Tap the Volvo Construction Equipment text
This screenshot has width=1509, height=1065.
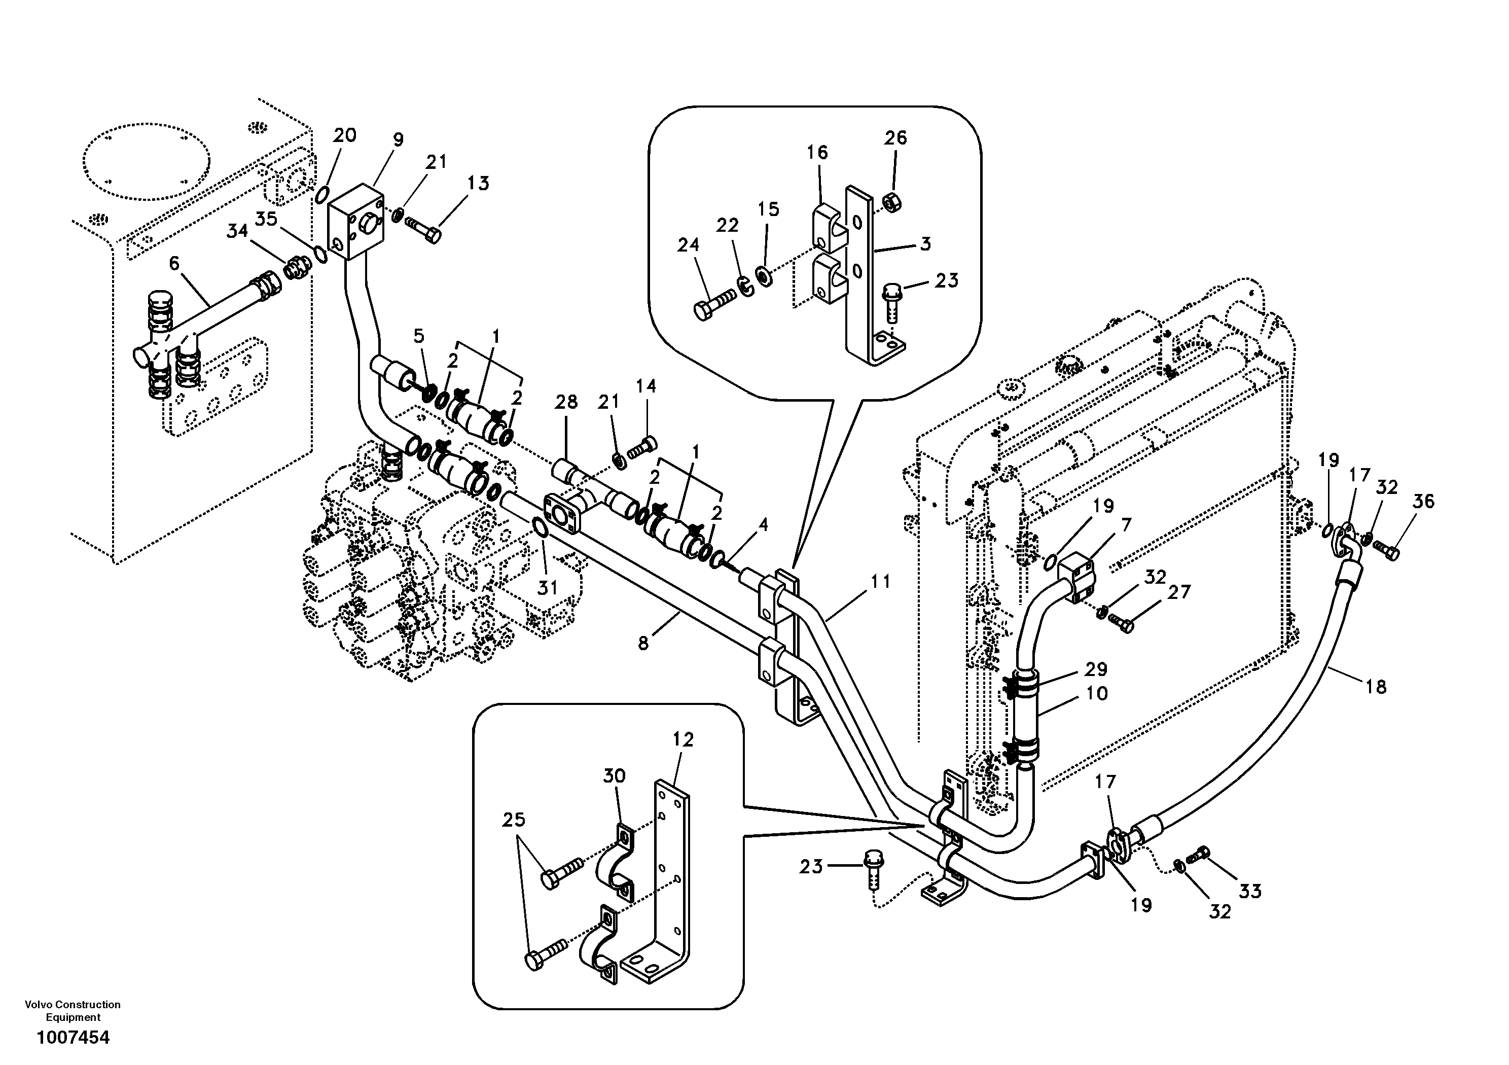click(73, 1010)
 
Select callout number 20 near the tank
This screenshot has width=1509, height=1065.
click(344, 135)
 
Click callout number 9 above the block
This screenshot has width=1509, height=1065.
click(398, 139)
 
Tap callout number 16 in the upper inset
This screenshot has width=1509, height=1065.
click(817, 153)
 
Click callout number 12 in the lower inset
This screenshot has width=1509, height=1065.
click(684, 739)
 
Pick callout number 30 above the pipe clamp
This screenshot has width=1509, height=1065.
click(614, 776)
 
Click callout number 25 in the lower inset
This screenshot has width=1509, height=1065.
click(514, 820)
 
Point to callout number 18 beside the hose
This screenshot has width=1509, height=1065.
click(1376, 687)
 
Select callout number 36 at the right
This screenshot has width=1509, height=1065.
click(1423, 502)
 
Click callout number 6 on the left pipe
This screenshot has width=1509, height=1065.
click(174, 264)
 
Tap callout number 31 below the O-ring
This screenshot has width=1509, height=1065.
click(548, 587)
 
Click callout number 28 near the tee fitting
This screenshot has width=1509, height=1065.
click(566, 402)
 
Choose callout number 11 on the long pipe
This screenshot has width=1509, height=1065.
click(881, 581)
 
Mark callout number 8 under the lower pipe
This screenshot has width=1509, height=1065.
click(643, 644)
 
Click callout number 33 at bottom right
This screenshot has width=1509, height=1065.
click(1250, 892)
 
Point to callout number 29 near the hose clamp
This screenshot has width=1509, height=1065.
click(1096, 669)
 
